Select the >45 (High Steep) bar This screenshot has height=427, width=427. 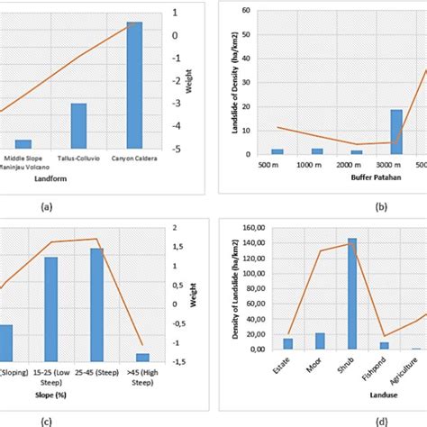141,357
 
